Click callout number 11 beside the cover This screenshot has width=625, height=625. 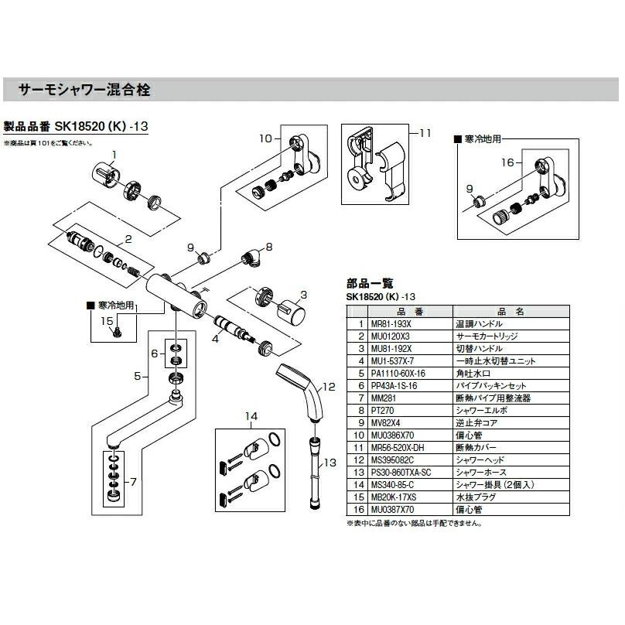tap(425, 132)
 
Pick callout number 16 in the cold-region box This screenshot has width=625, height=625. tap(507, 162)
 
